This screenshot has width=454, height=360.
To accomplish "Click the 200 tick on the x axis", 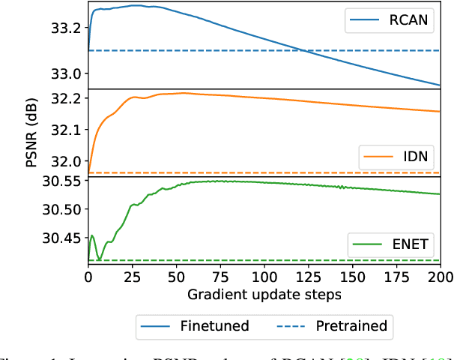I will click(x=440, y=277).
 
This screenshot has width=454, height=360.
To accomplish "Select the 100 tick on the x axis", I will click(x=264, y=277).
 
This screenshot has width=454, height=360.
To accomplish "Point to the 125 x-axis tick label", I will click(x=308, y=277).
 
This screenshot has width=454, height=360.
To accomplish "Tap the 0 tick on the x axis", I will click(x=88, y=277).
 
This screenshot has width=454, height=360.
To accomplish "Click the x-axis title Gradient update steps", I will click(x=264, y=295).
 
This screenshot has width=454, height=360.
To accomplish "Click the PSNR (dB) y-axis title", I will click(x=31, y=134).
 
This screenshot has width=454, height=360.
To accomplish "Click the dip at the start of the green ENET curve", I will click(x=99, y=259).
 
